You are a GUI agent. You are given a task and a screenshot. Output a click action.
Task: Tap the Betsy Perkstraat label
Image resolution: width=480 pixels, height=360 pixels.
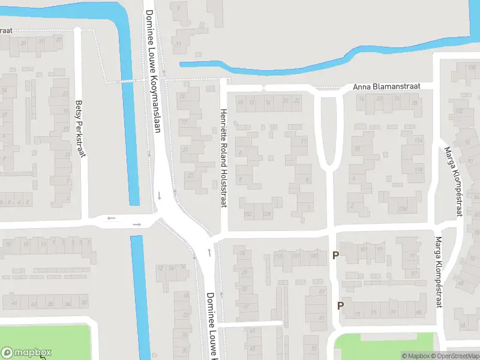click(x=80, y=128)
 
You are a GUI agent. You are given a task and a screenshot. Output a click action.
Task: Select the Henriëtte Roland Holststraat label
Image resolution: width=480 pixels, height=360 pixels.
click(x=223, y=158)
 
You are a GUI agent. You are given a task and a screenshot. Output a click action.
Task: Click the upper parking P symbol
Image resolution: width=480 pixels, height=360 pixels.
click(x=336, y=256)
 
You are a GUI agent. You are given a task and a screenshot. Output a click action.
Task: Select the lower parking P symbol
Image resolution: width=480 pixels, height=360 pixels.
click(x=340, y=305)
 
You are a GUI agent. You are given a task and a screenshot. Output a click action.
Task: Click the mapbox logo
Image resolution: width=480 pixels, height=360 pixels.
click(x=26, y=353)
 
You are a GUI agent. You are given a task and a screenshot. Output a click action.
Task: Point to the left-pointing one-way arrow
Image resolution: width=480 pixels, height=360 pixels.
click(x=111, y=218)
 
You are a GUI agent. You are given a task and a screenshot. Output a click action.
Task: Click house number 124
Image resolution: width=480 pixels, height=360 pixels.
click(x=402, y=209)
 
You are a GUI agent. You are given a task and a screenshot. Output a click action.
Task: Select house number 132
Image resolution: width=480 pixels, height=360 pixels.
click(x=248, y=214)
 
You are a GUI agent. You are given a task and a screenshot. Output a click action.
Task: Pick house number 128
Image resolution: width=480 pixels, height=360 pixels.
click(x=268, y=214)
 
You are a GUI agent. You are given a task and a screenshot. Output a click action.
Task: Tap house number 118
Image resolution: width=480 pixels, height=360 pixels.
click(x=419, y=170)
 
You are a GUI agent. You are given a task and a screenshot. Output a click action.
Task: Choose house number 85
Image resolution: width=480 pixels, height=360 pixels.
click(x=418, y=313)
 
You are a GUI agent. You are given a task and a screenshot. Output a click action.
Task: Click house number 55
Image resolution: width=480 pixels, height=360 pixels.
click(x=314, y=348)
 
